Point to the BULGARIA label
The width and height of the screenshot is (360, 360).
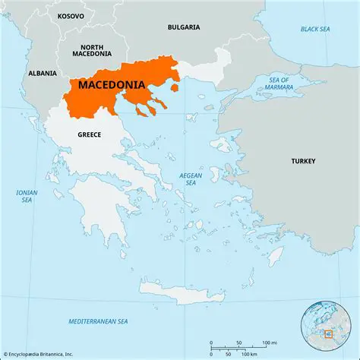[184, 27]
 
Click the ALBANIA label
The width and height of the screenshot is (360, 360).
[42, 73]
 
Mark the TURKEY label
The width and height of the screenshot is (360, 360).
[304, 162]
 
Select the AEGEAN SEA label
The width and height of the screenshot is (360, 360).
[191, 178]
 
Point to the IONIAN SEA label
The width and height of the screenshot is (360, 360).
[27, 197]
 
